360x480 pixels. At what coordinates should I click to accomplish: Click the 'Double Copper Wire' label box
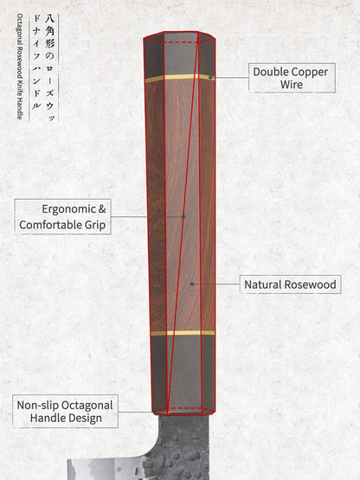click(x=292, y=78)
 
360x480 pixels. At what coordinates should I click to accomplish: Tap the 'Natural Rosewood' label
click(x=290, y=285)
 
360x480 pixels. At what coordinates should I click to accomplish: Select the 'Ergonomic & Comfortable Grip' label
click(x=62, y=217)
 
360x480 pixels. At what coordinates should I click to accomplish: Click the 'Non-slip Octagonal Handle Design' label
click(x=65, y=411)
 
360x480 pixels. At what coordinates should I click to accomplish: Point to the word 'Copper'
click(x=310, y=73)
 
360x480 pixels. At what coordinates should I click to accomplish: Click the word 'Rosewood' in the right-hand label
click(x=310, y=285)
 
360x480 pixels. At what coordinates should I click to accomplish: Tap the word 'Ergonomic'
click(x=69, y=209)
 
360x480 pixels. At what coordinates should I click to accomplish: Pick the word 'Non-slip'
click(x=34, y=406)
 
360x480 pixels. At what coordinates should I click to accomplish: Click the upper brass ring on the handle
click(x=180, y=78)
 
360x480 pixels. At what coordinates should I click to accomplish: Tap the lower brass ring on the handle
click(x=183, y=333)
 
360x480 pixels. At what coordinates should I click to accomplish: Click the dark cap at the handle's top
click(x=179, y=54)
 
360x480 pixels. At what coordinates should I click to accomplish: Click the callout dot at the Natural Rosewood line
click(x=192, y=284)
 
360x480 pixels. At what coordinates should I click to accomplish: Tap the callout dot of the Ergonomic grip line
click(x=183, y=217)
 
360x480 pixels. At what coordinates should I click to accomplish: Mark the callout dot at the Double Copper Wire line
click(x=210, y=78)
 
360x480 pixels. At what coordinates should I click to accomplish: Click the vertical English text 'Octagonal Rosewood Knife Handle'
click(x=20, y=67)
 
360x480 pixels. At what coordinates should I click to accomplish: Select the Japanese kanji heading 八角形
click(x=49, y=31)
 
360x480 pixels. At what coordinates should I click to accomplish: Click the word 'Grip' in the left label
click(x=95, y=225)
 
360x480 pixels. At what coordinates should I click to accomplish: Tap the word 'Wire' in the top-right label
click(x=292, y=85)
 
